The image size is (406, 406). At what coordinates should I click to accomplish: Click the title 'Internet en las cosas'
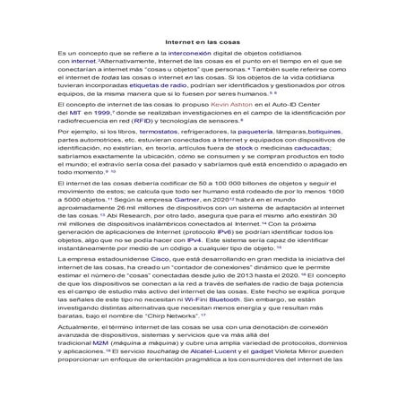203,41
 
